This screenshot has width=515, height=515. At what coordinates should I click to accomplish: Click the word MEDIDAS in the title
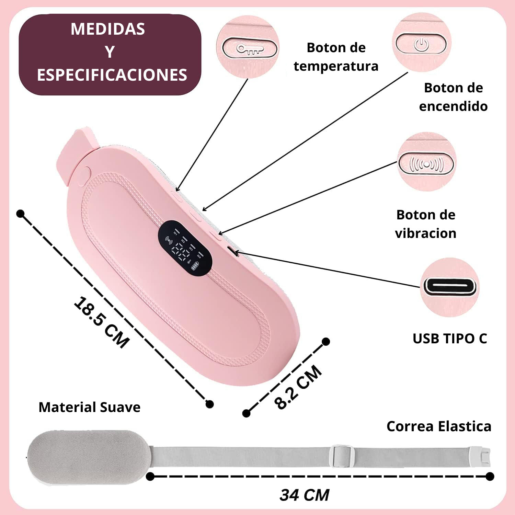108,29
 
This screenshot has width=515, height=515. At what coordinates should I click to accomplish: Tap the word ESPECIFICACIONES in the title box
112,75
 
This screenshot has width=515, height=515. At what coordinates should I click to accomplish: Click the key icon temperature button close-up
250,48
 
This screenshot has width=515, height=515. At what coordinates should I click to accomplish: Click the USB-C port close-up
450,286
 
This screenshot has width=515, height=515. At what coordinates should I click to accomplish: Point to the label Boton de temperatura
336,57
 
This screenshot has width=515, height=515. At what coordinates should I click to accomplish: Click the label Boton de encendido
453,97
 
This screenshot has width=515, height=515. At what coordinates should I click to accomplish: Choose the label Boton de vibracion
426,224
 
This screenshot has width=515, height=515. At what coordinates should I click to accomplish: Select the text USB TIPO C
450,339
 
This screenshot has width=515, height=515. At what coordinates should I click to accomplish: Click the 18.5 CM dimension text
102,322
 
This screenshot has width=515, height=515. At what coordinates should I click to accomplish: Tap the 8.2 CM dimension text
298,387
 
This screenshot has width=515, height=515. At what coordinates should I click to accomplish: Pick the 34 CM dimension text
304,495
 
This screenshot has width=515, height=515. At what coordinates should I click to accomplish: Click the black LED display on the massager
185,247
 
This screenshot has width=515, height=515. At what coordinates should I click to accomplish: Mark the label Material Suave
89,407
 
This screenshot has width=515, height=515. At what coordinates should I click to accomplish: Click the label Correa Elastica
439,426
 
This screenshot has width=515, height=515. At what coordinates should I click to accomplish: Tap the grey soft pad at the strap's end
89,457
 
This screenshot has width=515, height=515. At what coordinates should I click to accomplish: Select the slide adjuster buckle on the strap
342,456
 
